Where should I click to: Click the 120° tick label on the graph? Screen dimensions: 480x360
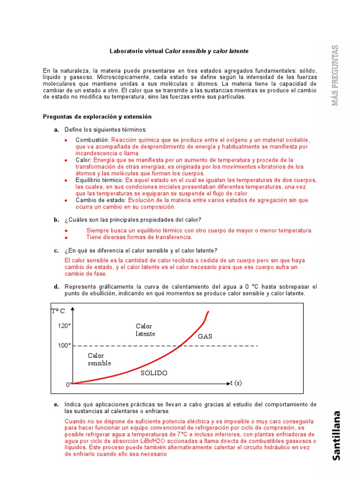coord(64,326)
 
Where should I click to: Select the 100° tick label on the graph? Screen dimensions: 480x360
coord(64,345)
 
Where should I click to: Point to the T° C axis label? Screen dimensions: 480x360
coord(58,311)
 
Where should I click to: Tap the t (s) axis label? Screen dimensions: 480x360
coord(236,383)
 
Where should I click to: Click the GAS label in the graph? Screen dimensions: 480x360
coord(205,336)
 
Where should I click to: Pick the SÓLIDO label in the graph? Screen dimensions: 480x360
coord(154,373)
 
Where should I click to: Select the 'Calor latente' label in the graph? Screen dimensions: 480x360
coord(145,330)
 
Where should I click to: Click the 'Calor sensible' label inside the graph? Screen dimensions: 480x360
coord(99,360)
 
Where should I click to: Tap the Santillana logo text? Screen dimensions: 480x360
coord(337,435)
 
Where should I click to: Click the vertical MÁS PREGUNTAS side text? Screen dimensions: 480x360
coord(335,75)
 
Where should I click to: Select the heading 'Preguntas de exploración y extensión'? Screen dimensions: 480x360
coord(97,117)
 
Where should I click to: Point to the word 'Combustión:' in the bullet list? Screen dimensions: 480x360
coord(92,140)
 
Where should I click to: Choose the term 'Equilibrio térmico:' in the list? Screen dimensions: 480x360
coord(99,180)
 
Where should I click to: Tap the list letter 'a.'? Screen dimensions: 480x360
coord(56,129)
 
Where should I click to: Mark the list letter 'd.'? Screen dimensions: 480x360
coord(56,286)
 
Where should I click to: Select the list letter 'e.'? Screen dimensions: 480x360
coord(56,404)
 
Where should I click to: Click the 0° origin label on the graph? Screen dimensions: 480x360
coord(68,384)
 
